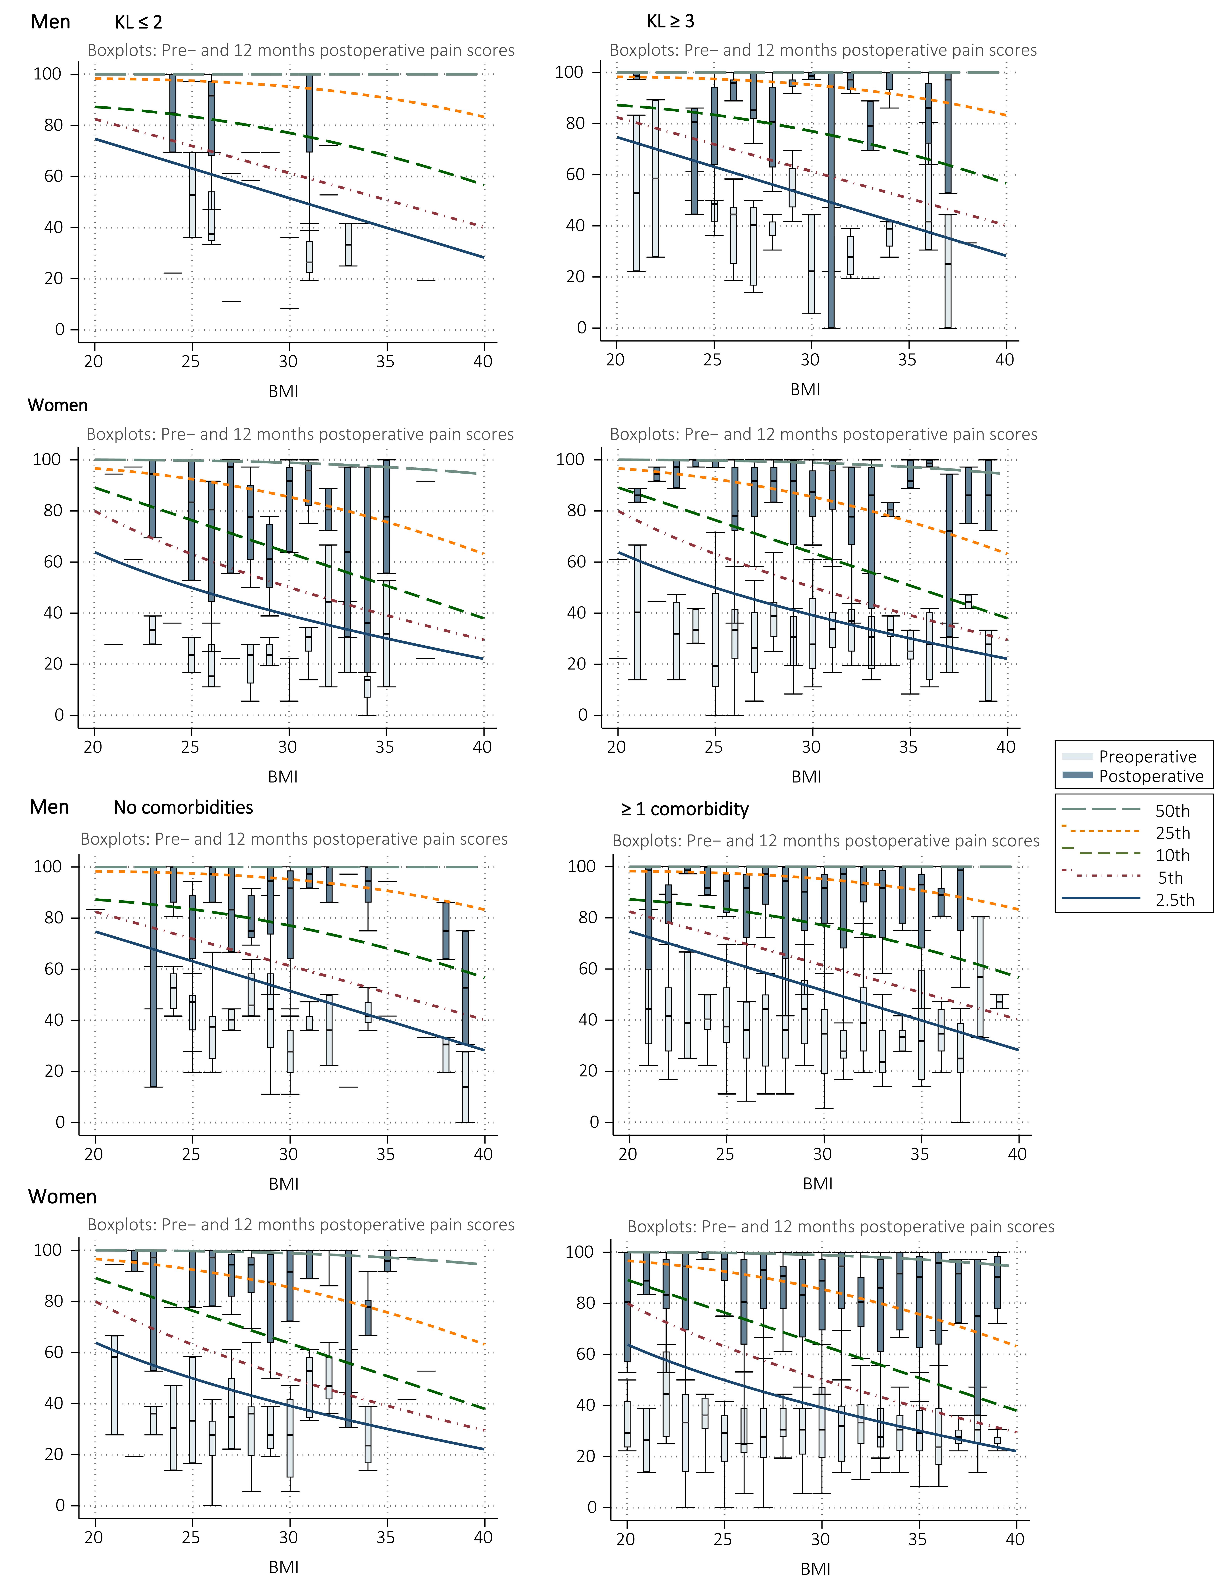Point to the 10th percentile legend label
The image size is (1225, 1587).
pyautogui.click(x=1172, y=855)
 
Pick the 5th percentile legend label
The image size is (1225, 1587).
pyautogui.click(x=1170, y=878)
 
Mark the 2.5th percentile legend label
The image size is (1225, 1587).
pyautogui.click(x=1174, y=900)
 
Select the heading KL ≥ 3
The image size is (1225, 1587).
pyautogui.click(x=670, y=21)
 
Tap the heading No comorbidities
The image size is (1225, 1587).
pyautogui.click(x=183, y=807)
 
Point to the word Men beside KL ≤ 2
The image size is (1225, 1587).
pyautogui.click(x=50, y=22)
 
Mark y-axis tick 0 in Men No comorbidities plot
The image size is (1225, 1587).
pyautogui.click(x=60, y=1122)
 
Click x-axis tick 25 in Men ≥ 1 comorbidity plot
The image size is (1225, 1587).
pyautogui.click(x=724, y=1154)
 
